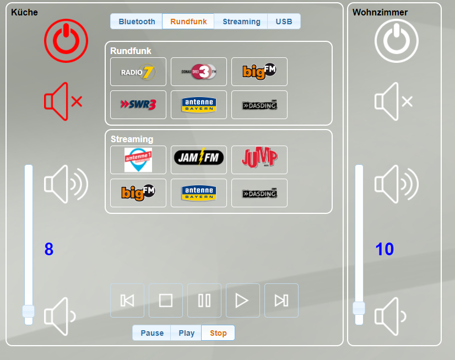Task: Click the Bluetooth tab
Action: coord(137,22)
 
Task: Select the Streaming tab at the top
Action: coord(241,22)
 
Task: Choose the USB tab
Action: coord(284,22)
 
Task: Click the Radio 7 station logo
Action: coord(138,72)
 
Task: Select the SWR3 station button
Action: coord(138,105)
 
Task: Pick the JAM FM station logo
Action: coord(199,160)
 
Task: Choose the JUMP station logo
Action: coord(259,160)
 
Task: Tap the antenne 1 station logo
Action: coord(138,160)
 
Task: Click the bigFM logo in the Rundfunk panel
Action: coord(259,72)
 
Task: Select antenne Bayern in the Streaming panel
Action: coord(199,193)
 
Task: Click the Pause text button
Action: coord(152,333)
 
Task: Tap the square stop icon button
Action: coord(166,300)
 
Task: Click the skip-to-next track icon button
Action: coord(281,300)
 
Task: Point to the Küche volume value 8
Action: coord(49,250)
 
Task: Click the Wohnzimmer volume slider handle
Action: coord(359,308)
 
